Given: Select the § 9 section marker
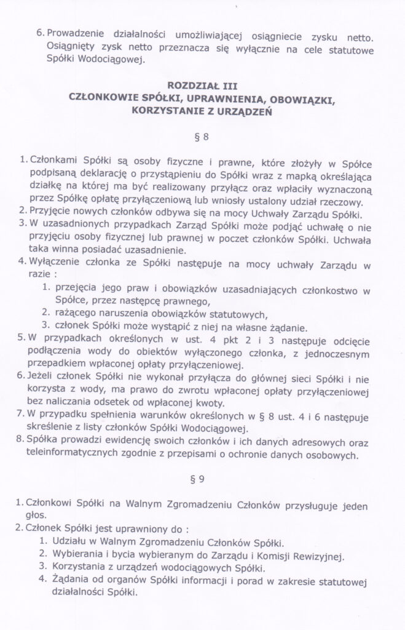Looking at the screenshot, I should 203,476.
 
